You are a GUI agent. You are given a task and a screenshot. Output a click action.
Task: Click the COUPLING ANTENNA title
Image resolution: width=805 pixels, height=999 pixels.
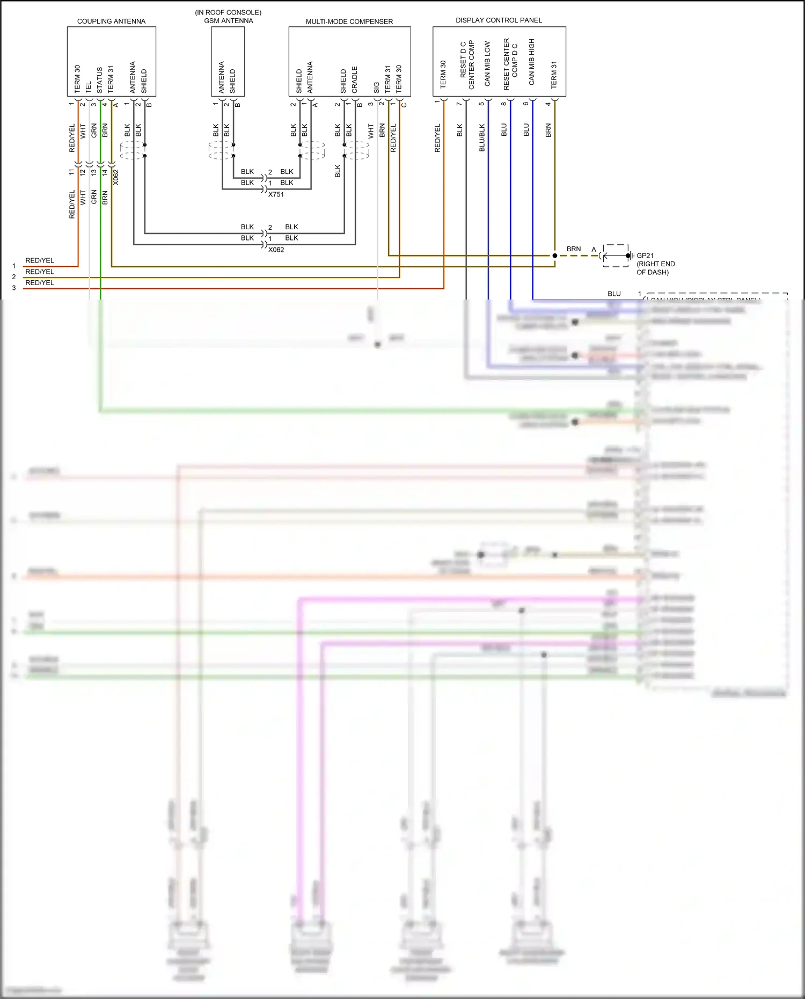pyautogui.click(x=111, y=21)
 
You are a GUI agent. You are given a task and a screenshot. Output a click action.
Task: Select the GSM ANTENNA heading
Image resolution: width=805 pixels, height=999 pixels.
pyautogui.click(x=229, y=21)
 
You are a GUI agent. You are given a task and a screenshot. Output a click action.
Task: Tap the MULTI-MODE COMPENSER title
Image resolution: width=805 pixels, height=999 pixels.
pyautogui.click(x=349, y=21)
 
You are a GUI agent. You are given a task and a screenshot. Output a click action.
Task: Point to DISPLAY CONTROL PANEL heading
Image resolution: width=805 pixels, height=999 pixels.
pyautogui.click(x=499, y=20)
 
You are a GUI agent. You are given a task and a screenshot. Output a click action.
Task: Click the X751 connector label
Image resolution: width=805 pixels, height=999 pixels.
pyautogui.click(x=276, y=194)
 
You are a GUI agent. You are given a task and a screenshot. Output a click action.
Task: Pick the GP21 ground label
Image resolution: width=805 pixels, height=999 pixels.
pyautogui.click(x=645, y=256)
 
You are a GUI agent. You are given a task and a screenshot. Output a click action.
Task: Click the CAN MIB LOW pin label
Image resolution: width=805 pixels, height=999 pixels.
pyautogui.click(x=487, y=63)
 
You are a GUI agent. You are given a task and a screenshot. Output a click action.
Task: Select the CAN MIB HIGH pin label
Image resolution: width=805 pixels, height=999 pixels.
pyautogui.click(x=532, y=62)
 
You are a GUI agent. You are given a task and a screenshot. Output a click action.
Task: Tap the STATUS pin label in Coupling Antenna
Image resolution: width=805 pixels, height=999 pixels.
pyautogui.click(x=100, y=80)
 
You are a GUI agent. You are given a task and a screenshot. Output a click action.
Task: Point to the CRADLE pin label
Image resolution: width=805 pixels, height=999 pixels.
pyautogui.click(x=355, y=79)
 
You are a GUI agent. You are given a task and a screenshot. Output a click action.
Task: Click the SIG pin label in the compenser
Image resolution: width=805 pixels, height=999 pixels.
pyautogui.click(x=377, y=87)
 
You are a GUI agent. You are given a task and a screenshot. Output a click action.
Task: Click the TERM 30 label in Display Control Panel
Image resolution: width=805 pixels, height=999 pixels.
pyautogui.click(x=443, y=74)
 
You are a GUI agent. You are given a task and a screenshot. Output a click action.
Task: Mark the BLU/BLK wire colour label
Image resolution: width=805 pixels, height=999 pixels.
pyautogui.click(x=482, y=137)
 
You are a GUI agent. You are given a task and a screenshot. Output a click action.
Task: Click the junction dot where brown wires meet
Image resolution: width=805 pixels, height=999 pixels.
pyautogui.click(x=555, y=256)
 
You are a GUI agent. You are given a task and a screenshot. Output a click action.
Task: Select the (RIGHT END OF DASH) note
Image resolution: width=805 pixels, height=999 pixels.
pyautogui.click(x=655, y=268)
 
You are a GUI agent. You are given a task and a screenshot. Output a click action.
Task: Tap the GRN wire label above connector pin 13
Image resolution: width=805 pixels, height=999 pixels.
pyautogui.click(x=94, y=130)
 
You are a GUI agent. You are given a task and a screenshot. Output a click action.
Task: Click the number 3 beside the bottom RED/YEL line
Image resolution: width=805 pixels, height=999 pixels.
pyautogui.click(x=14, y=288)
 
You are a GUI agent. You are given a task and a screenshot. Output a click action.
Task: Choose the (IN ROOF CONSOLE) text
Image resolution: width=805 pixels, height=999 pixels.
pyautogui.click(x=228, y=12)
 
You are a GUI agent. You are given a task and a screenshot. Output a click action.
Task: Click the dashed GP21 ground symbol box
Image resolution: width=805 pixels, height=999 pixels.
pyautogui.click(x=616, y=256)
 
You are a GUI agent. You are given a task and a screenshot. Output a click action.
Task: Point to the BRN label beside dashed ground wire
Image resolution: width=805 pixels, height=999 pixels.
pyautogui.click(x=574, y=249)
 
